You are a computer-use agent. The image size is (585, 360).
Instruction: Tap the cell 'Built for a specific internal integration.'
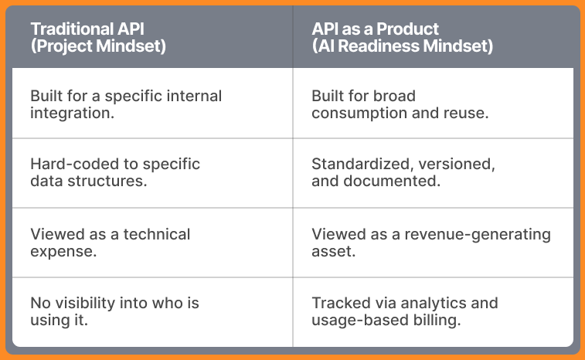126,104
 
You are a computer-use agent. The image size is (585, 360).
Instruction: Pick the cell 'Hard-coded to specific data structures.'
115,172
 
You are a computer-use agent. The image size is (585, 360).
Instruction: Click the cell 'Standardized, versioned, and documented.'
403,172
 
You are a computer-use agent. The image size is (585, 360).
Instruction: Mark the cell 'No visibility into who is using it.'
114,311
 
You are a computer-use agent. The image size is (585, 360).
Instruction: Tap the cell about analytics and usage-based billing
405,311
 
